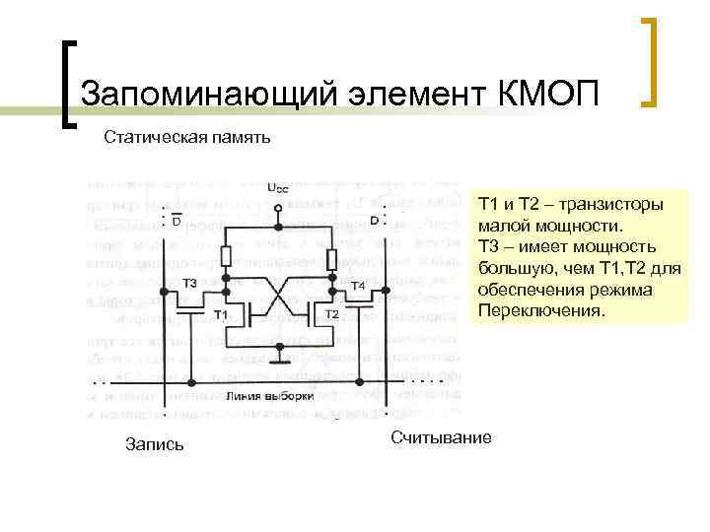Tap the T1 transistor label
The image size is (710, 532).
(223, 313)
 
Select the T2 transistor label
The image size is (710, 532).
(332, 313)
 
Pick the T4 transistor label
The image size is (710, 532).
(358, 286)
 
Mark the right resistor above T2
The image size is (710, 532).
(331, 258)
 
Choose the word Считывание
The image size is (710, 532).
(441, 436)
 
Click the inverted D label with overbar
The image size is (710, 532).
(175, 221)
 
